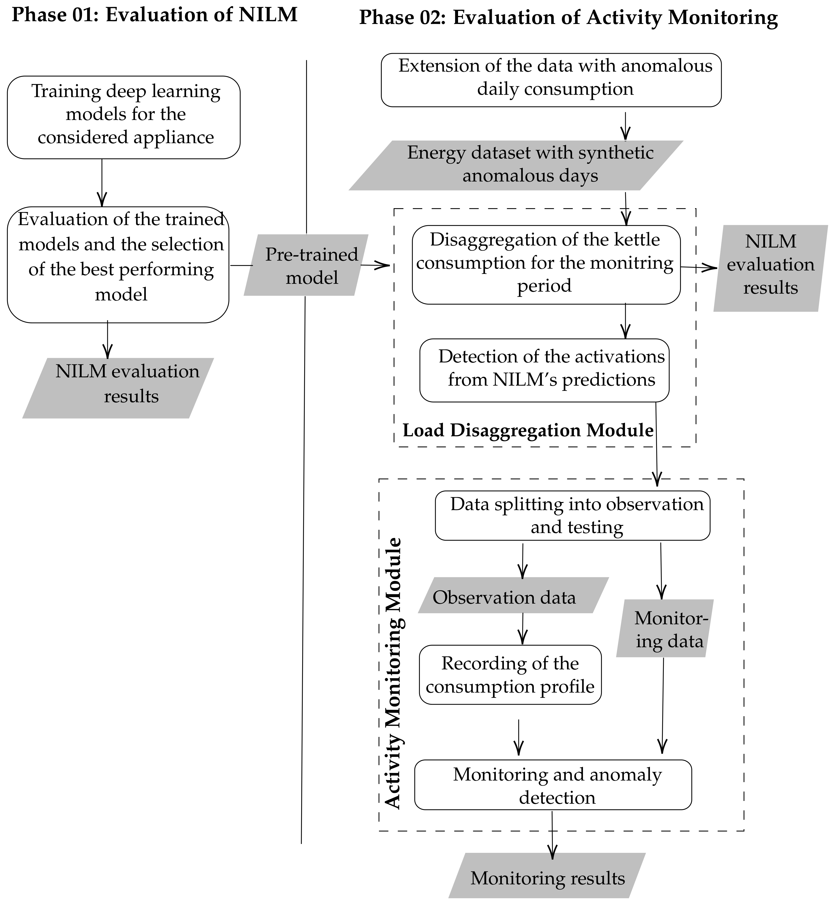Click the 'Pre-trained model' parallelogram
(x=306, y=265)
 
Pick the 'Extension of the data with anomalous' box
(x=551, y=80)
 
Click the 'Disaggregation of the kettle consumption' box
(x=546, y=265)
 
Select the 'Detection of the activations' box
(x=544, y=370)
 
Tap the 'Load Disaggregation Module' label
(x=528, y=430)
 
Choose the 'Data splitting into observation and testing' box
(x=572, y=516)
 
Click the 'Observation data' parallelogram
(x=513, y=597)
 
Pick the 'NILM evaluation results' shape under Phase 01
(x=118, y=388)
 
